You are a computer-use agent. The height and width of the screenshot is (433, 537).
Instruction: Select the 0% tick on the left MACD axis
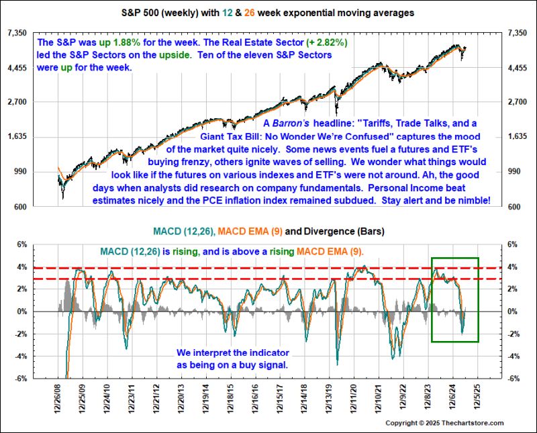coord(23,311)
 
